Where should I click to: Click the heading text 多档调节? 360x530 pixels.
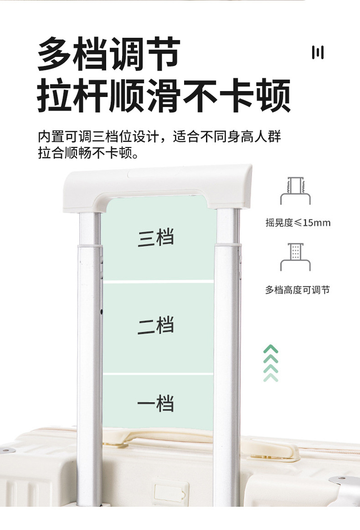click(x=108, y=54)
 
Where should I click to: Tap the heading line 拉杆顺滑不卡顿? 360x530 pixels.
click(x=164, y=96)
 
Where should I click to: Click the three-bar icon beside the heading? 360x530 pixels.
click(x=318, y=53)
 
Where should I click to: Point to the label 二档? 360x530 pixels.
click(x=156, y=326)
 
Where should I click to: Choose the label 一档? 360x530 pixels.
click(x=156, y=403)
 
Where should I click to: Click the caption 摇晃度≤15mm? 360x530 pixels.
click(x=298, y=223)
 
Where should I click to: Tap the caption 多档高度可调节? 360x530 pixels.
click(x=297, y=290)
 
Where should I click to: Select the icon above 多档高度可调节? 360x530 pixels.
click(x=295, y=257)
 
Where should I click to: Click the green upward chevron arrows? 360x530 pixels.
click(x=271, y=363)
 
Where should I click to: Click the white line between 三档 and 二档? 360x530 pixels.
click(x=158, y=282)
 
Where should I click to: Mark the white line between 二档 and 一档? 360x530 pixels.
click(x=158, y=374)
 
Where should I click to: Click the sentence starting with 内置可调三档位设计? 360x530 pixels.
click(x=159, y=137)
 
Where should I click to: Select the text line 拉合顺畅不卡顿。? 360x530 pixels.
click(x=88, y=153)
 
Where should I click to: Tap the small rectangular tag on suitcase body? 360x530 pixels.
click(x=171, y=493)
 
